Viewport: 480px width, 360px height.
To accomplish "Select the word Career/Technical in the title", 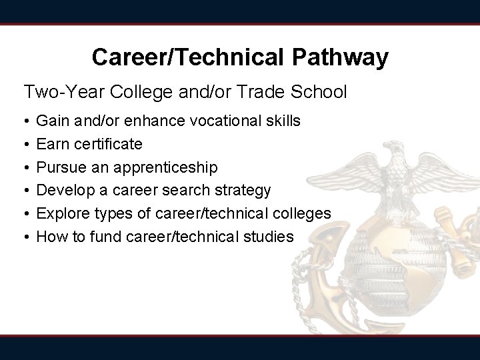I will (x=189, y=57).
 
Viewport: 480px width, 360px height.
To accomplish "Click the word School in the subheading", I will (x=319, y=91).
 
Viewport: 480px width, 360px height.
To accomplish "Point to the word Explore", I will (x=61, y=213).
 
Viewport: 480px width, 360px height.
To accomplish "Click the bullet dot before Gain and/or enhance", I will (x=25, y=122).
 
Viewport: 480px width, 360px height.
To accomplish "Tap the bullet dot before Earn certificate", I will (x=25, y=145).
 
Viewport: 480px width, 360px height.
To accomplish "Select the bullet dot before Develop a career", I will (x=25, y=191).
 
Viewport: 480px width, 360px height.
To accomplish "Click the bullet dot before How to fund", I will (x=25, y=237).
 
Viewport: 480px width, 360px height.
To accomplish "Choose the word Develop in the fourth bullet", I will (x=64, y=190).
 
